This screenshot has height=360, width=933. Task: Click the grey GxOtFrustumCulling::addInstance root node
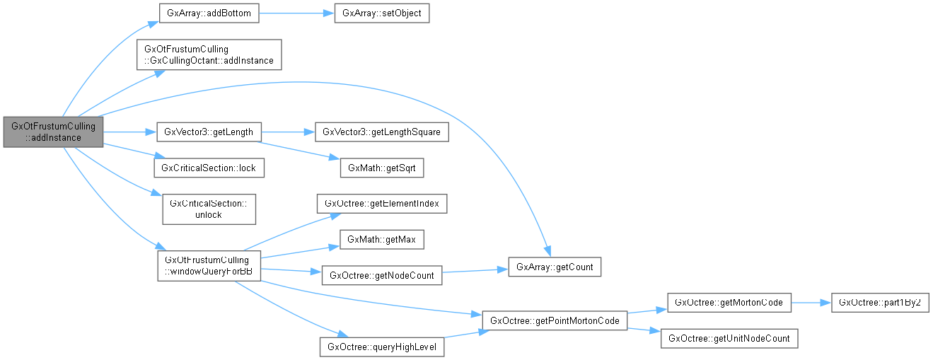tap(53, 132)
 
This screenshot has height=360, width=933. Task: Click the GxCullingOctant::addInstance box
tap(209, 54)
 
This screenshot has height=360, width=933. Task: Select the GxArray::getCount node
tap(548, 267)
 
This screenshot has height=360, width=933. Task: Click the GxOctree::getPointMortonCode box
tap(554, 320)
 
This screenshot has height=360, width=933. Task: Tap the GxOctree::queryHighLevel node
tap(382, 347)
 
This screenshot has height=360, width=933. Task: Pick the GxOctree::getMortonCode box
tap(728, 302)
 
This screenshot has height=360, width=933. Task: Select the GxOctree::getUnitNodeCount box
tap(728, 338)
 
